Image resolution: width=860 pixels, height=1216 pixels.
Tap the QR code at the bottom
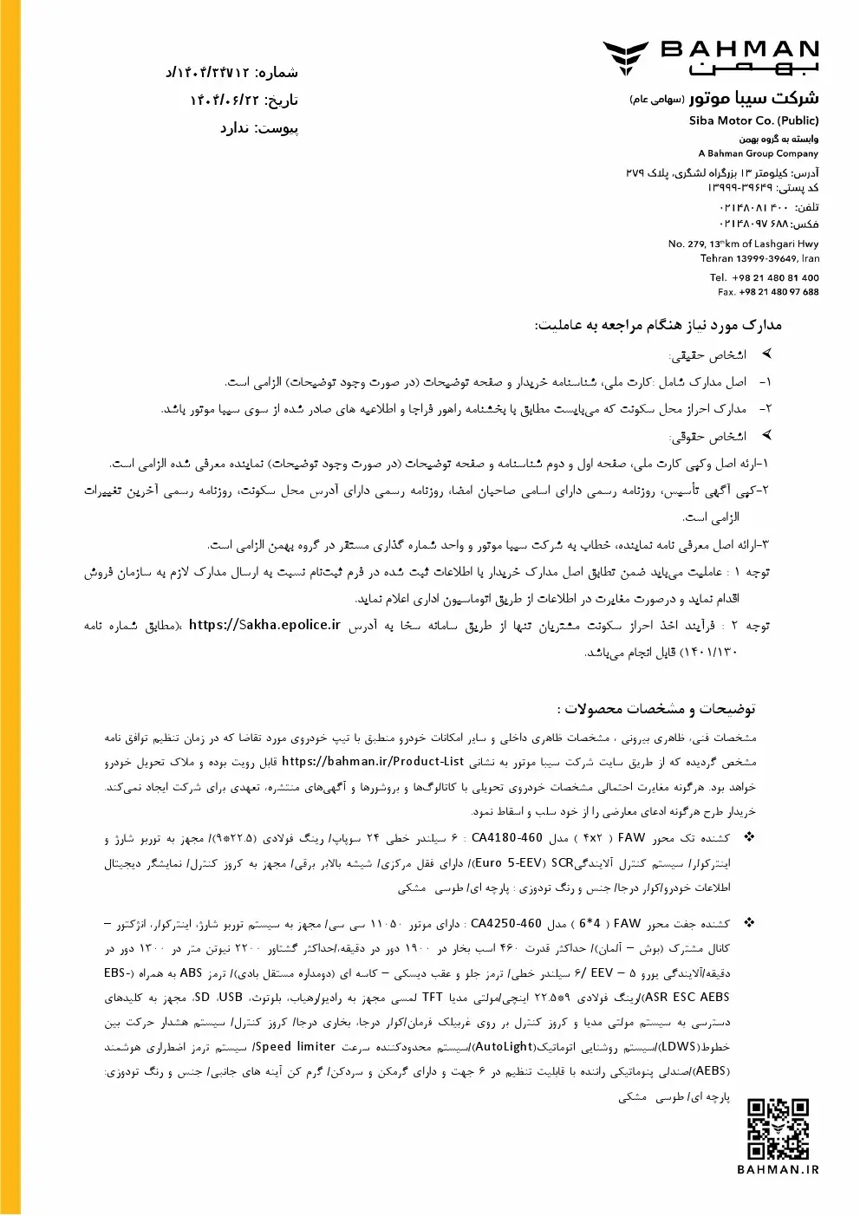pos(778,1129)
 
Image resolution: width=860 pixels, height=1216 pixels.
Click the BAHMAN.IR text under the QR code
pos(778,1169)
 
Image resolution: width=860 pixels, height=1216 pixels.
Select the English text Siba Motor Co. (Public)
pos(753,120)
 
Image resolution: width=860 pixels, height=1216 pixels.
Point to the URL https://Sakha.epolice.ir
pos(264,625)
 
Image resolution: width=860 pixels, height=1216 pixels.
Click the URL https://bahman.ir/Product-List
pos(373,762)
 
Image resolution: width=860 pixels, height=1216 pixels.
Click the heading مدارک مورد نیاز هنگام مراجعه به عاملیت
pos(658,326)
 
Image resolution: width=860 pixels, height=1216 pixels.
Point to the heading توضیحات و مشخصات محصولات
pos(661,709)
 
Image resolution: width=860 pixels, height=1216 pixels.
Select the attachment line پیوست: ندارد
pos(258,128)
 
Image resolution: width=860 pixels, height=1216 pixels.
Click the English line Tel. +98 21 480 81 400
pos(764,277)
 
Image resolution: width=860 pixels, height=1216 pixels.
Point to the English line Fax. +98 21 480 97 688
pos(767,292)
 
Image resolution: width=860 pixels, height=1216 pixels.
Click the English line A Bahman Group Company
pos(758,153)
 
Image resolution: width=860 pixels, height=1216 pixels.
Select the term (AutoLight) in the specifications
pos(505,1047)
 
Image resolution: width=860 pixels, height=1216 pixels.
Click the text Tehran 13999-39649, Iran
pos(759,258)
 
